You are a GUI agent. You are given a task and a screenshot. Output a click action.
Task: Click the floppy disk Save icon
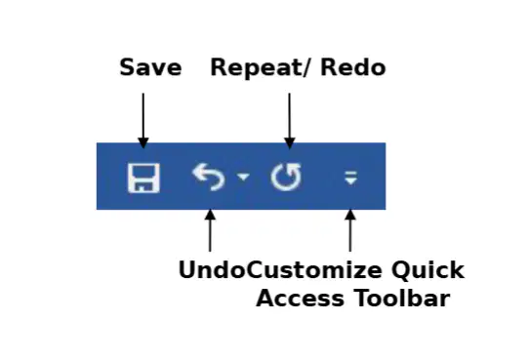tap(143, 179)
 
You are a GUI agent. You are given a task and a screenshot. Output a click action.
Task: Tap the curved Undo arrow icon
tap(208, 177)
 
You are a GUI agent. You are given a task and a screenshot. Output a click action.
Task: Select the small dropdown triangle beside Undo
tap(243, 177)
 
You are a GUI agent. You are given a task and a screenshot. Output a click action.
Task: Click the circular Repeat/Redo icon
tap(286, 177)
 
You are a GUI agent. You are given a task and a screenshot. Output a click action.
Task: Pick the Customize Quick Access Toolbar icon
tap(350, 178)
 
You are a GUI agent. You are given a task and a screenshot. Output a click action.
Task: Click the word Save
tap(150, 67)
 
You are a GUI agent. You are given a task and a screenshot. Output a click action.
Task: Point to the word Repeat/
tap(264, 68)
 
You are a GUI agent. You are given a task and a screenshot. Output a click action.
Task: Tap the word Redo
tap(353, 67)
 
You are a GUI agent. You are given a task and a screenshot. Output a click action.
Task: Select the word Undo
tap(213, 269)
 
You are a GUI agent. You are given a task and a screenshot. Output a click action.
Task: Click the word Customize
tap(314, 269)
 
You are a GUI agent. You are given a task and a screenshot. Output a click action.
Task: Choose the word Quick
tap(427, 270)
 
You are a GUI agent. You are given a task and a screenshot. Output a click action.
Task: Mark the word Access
tap(300, 299)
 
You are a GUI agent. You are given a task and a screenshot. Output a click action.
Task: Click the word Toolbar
tap(402, 298)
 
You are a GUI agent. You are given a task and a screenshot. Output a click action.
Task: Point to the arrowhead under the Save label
tap(143, 142)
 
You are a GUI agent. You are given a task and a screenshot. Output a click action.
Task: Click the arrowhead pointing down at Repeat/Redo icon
tap(289, 142)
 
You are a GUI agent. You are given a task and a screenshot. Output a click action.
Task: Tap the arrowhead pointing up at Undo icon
tap(210, 216)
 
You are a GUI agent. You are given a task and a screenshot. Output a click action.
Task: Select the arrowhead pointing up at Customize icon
tap(350, 216)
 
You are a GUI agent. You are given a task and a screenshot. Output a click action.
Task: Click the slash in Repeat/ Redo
tap(312, 68)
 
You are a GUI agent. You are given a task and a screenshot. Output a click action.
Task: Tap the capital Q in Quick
tap(400, 270)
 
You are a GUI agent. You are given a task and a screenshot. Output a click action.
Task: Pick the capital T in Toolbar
tap(363, 299)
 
